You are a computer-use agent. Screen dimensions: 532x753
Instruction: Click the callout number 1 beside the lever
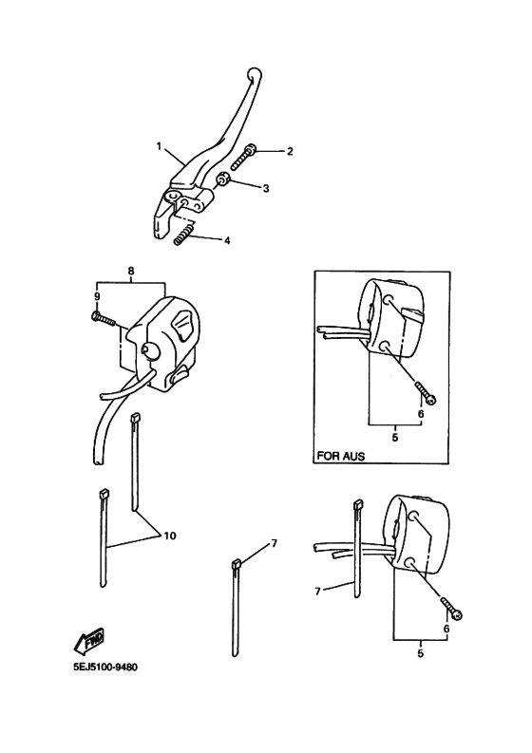159,146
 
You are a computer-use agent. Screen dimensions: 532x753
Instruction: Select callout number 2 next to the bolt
290,151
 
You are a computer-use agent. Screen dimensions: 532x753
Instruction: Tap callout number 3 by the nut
266,188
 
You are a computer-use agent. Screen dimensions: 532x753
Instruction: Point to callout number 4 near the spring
227,240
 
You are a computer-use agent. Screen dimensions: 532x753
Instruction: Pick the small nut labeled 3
222,179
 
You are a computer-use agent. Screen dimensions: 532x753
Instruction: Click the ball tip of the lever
255,74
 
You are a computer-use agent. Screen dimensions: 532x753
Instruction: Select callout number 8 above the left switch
131,271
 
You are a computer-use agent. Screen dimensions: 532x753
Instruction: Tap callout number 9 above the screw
97,297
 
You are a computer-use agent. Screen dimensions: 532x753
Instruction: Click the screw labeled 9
104,318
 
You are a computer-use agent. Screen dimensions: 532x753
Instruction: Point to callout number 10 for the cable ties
170,535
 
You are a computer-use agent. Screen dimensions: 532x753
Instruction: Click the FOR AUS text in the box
341,456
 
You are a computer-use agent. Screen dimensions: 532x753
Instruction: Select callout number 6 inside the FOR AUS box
421,413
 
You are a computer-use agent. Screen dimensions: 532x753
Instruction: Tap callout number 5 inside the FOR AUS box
395,438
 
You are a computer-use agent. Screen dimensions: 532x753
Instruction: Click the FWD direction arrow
89,641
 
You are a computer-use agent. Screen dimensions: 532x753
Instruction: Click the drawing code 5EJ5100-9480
105,668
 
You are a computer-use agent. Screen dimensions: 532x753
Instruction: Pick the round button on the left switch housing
151,350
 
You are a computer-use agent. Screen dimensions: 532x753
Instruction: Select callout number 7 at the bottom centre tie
274,543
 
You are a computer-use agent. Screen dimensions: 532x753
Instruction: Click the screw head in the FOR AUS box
431,399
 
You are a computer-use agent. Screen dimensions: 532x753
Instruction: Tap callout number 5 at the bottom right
421,653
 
